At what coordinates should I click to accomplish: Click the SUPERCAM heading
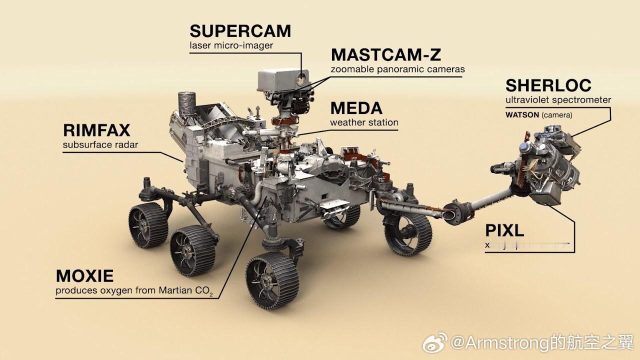tap(240, 31)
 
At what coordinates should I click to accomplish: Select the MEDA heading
tap(356, 108)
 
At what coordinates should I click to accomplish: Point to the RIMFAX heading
tap(96, 130)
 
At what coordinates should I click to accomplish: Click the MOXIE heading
tap(84, 275)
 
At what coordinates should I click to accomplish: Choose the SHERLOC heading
tap(548, 85)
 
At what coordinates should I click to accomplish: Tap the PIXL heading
tap(504, 230)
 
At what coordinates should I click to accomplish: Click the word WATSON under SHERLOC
tap(522, 115)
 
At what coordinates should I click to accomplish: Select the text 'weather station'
tap(364, 122)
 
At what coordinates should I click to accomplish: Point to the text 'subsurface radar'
tap(100, 145)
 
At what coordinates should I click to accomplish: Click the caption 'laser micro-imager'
tap(231, 45)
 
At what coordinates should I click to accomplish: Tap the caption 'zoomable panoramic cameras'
tap(397, 69)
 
